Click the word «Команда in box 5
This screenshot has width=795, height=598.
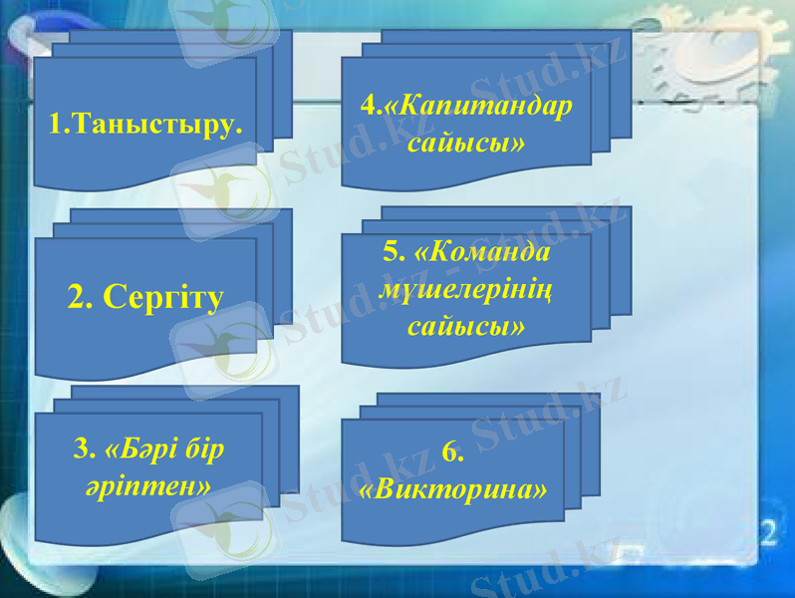coord(488,252)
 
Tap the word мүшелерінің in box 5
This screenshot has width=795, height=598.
coord(467,289)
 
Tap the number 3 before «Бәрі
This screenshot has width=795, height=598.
coord(81,449)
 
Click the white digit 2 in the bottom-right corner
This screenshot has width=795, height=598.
coord(768,530)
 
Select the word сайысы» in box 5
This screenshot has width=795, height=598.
coord(466,326)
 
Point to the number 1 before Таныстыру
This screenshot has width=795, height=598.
coord(56,126)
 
